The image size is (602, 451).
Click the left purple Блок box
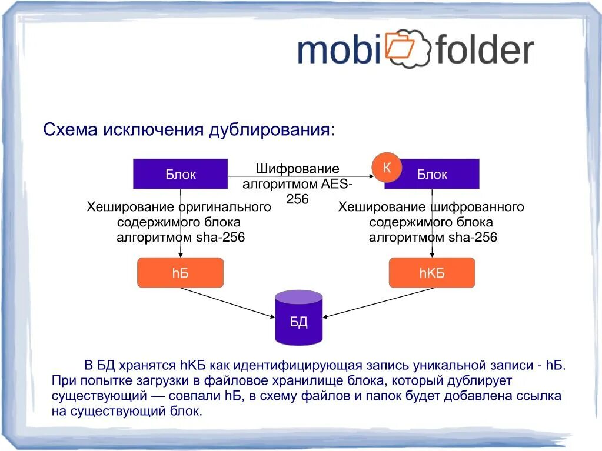click(x=180, y=174)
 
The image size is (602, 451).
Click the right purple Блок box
click(x=432, y=174)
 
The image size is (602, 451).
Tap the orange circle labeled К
click(x=387, y=168)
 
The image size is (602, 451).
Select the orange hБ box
click(x=180, y=273)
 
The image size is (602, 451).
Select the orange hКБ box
click(x=432, y=273)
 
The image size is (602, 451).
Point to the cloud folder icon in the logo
click(x=407, y=46)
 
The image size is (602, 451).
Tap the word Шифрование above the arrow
click(x=297, y=169)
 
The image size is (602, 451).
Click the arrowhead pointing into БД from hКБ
click(x=326, y=316)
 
